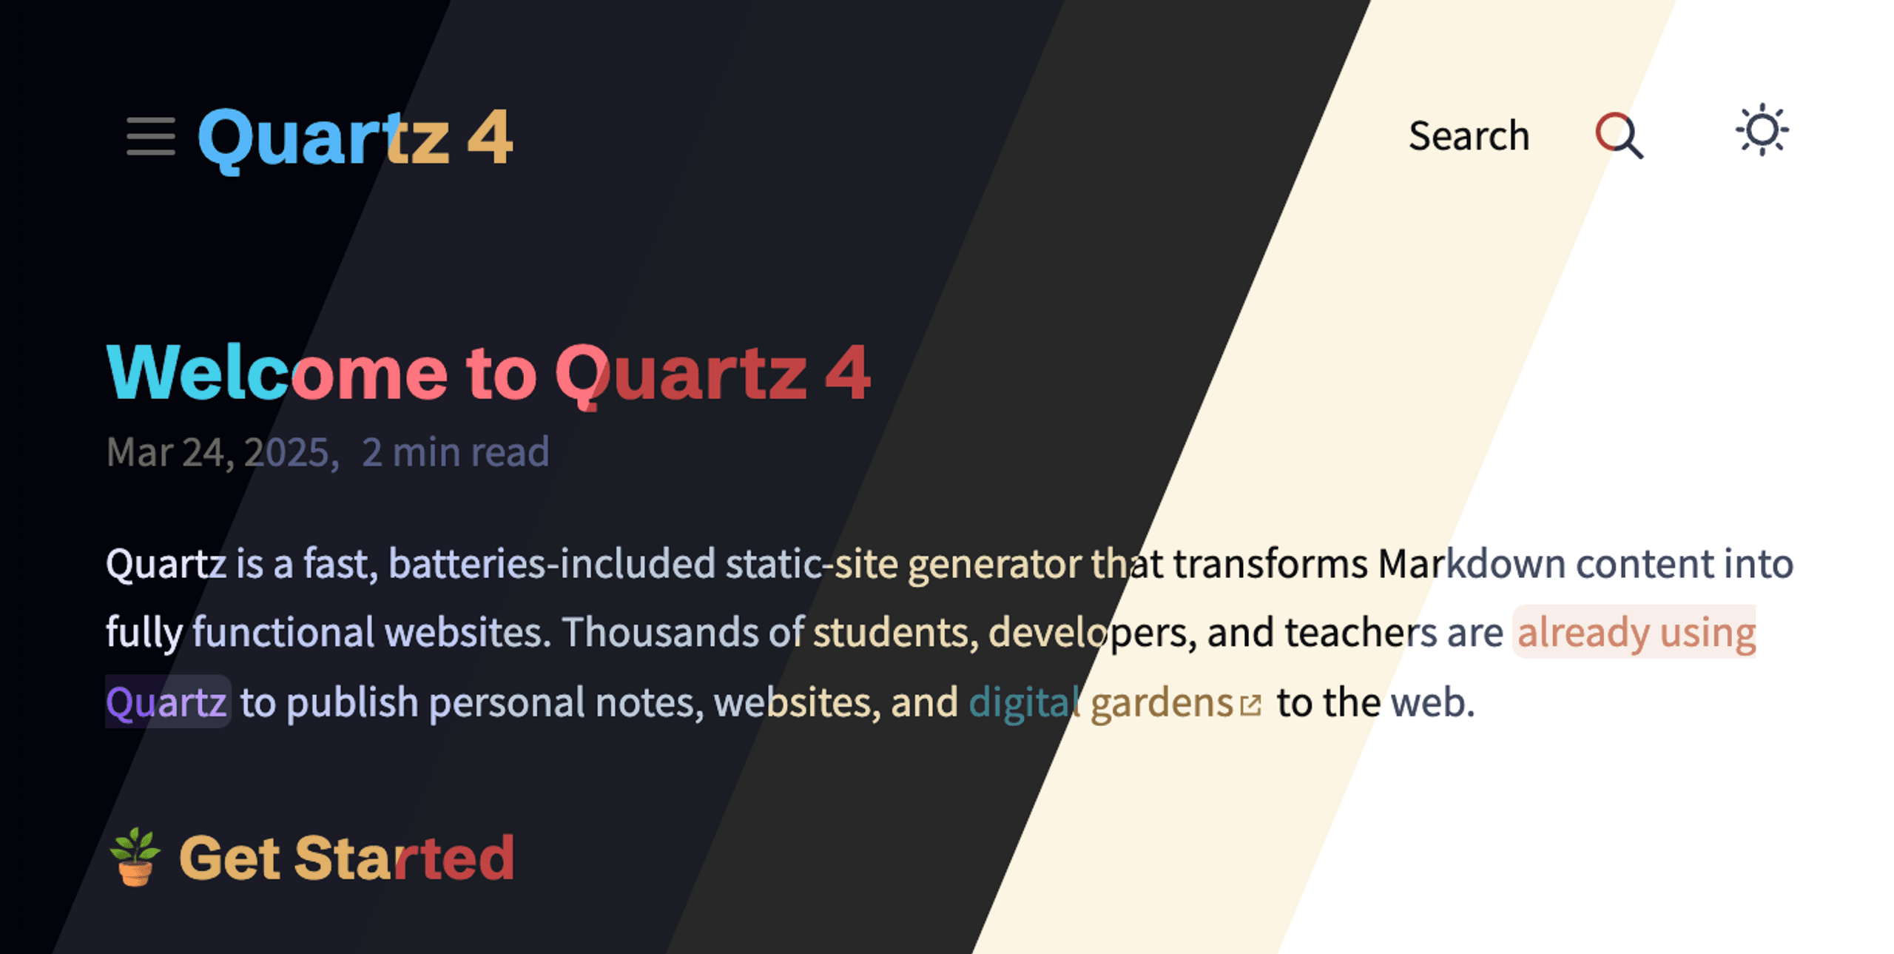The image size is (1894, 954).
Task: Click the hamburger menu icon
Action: (151, 136)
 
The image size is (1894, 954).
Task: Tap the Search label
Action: (1469, 135)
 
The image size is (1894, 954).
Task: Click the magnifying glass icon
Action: (1619, 135)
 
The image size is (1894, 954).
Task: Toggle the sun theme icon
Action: (1762, 130)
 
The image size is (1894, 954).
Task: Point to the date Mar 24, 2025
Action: (223, 451)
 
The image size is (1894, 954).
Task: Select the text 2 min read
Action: (455, 451)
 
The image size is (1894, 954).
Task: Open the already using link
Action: (1635, 633)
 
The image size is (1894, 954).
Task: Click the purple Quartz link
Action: (166, 702)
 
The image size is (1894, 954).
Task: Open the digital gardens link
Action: (1101, 702)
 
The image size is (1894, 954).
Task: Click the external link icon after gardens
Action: (1250, 705)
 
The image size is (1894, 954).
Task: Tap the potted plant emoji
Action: (135, 857)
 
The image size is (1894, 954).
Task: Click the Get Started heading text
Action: (346, 858)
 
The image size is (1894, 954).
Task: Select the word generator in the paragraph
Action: (994, 564)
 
